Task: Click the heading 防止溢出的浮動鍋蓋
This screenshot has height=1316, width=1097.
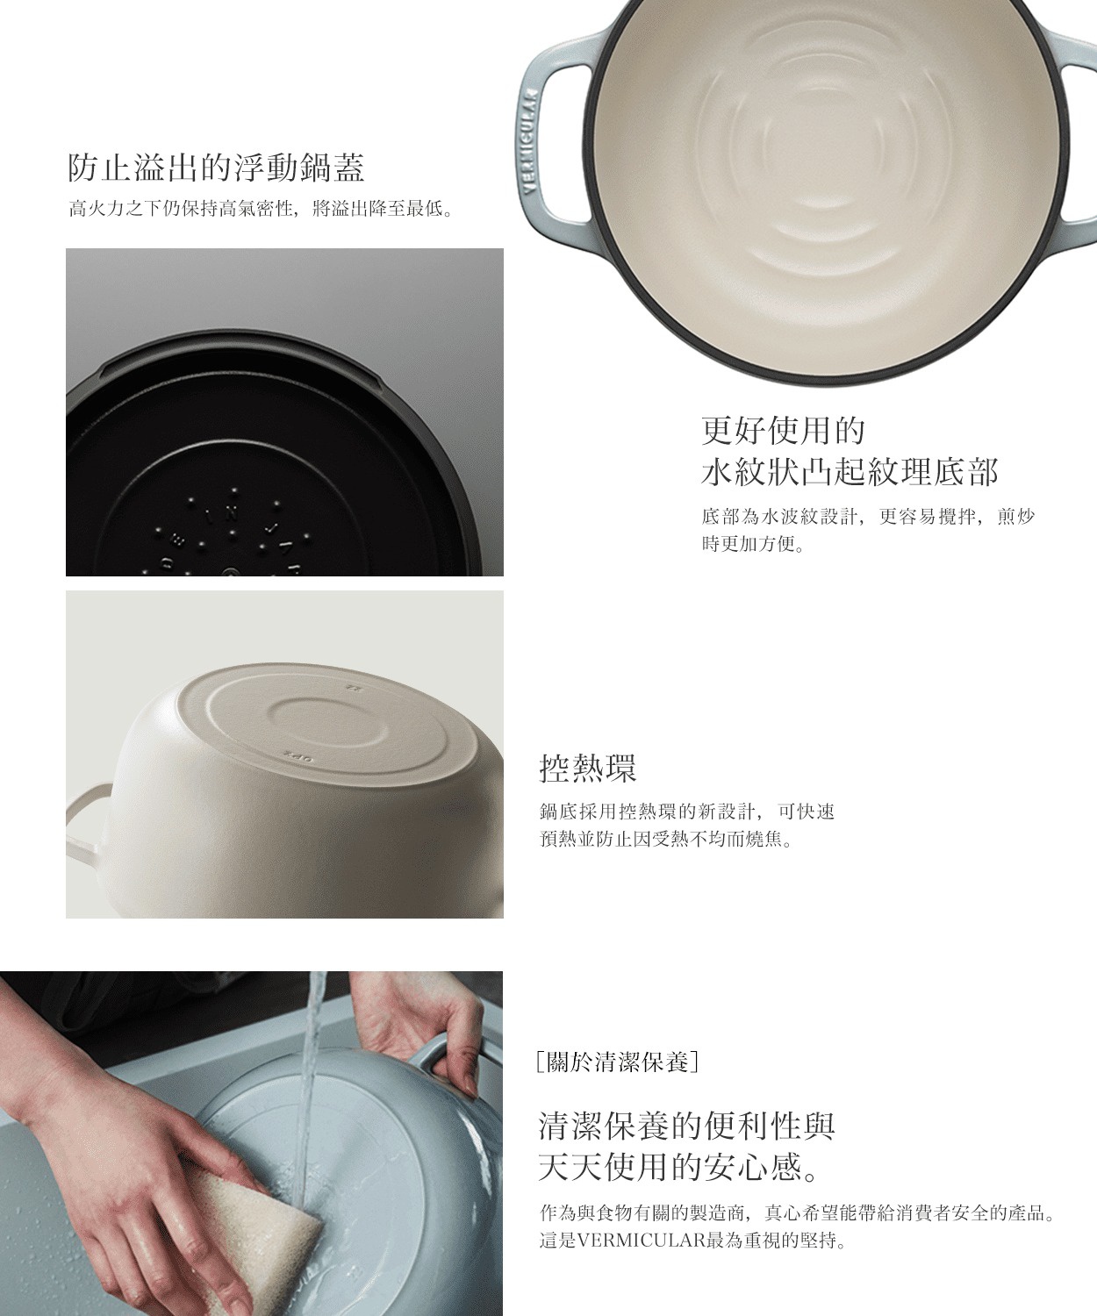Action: pos(216,167)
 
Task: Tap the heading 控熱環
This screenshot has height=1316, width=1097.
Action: pos(587,769)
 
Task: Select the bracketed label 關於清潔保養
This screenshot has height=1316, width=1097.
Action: pos(618,1062)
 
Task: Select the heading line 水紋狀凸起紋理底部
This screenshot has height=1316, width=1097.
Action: pos(850,473)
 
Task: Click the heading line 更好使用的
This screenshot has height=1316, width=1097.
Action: pos(783,430)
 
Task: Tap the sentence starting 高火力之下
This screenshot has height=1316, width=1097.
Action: pos(261,209)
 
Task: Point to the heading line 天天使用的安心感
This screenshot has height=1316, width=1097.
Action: pos(679,1168)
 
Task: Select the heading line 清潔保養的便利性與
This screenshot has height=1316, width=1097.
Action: pos(685,1125)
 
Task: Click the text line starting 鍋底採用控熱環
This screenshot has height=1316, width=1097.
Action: pos(686,812)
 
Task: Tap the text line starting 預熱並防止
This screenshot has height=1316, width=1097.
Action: pos(666,840)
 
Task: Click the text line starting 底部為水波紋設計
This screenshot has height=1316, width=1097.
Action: pos(868,516)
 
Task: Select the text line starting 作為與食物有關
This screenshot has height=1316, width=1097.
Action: pos(796,1213)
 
